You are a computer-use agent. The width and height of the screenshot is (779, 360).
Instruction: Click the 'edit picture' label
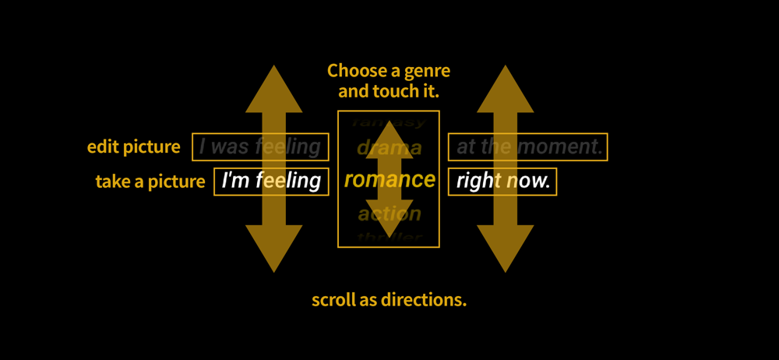point(133,146)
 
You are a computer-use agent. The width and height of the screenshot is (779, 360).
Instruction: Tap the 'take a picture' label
point(150,182)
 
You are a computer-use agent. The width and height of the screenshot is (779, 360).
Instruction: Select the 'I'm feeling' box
point(271,181)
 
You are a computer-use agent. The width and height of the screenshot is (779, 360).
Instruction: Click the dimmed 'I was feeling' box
point(260,146)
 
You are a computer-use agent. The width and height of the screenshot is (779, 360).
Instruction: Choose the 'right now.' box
point(502,182)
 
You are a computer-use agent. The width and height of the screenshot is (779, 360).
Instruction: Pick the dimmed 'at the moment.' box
point(527,146)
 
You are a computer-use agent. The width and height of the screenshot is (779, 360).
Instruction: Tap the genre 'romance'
point(389,180)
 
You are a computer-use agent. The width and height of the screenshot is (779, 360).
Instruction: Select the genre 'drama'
point(389,147)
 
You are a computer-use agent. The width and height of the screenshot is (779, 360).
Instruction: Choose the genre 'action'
point(389,214)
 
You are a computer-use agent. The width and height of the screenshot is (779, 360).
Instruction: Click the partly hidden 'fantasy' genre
point(389,121)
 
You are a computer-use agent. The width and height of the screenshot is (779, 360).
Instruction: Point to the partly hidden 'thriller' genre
point(389,238)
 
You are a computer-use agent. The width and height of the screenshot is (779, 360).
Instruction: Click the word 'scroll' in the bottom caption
point(333,300)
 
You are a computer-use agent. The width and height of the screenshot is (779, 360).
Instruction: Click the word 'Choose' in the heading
point(354,72)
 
